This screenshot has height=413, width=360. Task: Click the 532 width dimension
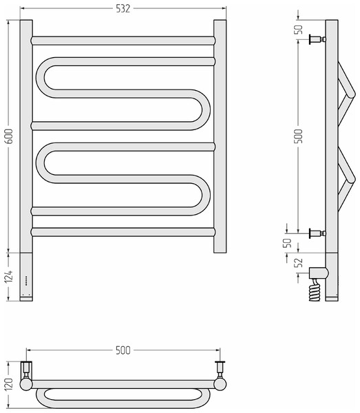(x=123, y=9)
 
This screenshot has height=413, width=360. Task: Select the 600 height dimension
(x=9, y=136)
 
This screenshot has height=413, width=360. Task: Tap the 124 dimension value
(x=9, y=276)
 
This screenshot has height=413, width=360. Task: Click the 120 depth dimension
(x=9, y=384)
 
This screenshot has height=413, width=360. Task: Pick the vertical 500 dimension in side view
(x=298, y=136)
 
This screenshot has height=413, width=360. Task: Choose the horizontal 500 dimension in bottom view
(x=123, y=350)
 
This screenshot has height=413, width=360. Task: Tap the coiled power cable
(x=315, y=290)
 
